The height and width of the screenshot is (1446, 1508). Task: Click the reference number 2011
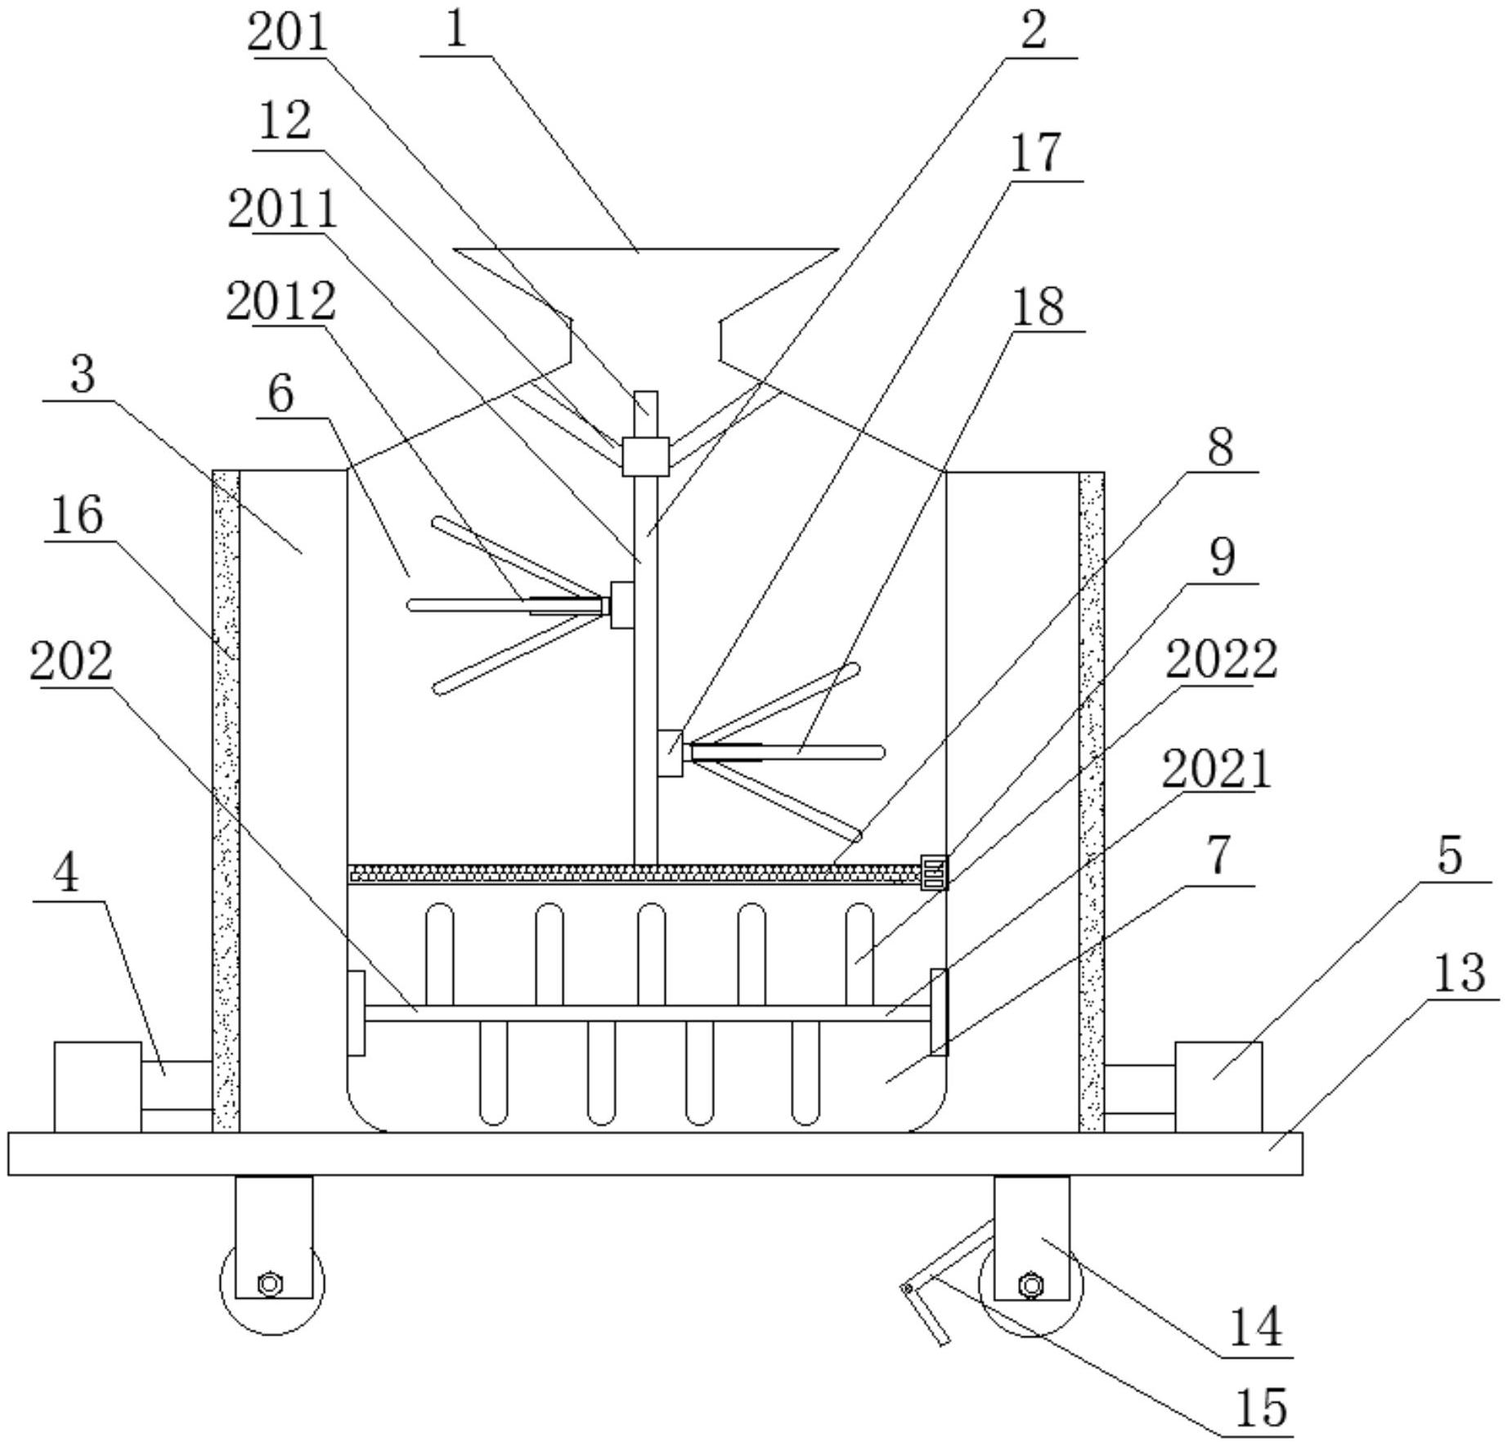[282, 209]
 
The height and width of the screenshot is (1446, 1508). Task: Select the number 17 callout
[1035, 153]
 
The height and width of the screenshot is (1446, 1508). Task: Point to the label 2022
[1220, 659]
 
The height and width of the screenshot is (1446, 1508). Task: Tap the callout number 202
[71, 661]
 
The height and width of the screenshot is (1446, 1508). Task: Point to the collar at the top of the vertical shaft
[645, 456]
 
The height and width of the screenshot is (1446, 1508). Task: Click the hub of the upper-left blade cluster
[622, 604]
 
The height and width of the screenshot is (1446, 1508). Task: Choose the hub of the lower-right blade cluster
[670, 752]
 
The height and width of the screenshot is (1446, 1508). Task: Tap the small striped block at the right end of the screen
[933, 872]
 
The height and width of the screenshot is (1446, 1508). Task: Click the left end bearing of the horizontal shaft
[356, 1013]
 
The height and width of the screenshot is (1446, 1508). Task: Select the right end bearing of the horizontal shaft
[939, 1012]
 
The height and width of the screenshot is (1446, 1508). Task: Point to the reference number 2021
[1216, 769]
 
